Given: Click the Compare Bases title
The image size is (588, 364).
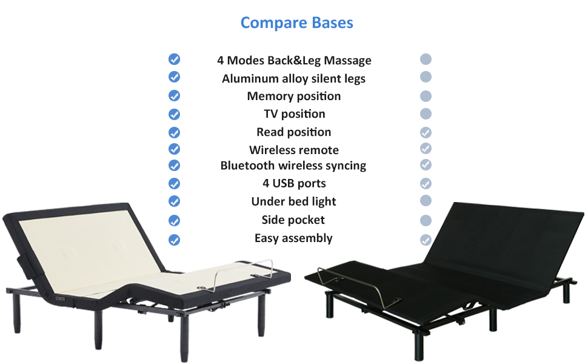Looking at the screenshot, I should point(296,23).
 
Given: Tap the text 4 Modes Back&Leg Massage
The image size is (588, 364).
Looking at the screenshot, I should point(294,60).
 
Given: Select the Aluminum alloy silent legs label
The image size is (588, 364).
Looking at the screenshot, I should point(293,78).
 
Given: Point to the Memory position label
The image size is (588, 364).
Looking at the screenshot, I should point(293,96).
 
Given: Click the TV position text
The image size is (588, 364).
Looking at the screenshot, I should point(294,113).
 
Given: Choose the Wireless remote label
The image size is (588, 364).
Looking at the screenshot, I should point(293,150).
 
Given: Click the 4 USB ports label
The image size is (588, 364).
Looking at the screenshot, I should point(294,183).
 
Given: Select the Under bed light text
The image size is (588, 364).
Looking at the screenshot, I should point(293,201).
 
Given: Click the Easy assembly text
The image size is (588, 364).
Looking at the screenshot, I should point(293,238).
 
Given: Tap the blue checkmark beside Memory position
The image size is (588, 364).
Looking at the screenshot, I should point(174,96).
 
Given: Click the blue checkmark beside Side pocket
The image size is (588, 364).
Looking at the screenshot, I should point(174,220).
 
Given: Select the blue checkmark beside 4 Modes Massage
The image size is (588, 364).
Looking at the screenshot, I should point(174,59).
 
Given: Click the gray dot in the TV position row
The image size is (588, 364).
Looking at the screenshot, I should point(426,113).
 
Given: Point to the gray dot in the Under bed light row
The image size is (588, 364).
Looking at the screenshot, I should point(426,201).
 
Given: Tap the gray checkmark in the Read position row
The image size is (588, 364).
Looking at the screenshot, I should point(426,132).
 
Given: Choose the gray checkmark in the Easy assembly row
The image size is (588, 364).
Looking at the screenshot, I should point(426,240).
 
